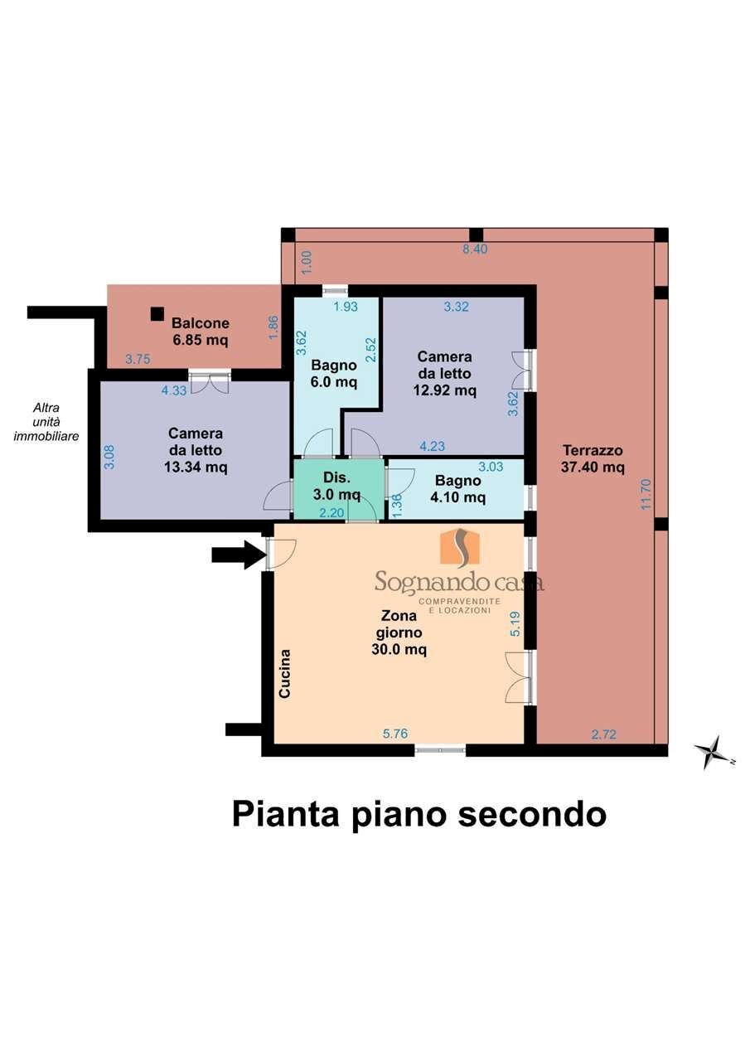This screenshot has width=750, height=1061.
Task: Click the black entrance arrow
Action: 239,555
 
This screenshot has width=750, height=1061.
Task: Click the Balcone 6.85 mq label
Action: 201,332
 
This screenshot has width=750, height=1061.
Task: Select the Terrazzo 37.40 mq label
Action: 593,458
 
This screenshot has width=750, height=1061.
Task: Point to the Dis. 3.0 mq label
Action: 336,486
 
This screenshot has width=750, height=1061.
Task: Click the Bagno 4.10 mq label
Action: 457,489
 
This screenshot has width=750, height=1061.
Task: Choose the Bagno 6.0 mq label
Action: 334,373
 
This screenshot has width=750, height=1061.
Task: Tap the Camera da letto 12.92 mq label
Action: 444,373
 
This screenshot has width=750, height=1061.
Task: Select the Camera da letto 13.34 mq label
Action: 196,450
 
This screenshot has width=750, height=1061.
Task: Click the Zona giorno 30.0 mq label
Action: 399,632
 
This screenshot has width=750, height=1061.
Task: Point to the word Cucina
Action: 284,674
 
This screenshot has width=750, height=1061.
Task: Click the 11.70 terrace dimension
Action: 646,494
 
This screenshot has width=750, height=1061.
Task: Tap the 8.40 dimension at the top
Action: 475,250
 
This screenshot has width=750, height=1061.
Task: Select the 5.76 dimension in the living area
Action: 395,734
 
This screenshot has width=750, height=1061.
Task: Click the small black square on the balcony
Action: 157,314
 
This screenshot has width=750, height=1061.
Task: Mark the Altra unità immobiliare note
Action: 46,422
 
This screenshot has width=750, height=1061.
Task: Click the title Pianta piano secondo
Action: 419,814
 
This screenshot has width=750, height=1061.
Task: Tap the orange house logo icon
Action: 462,546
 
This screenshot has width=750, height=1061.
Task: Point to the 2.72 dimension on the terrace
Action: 603,734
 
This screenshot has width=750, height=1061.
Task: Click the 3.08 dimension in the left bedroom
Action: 109,457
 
